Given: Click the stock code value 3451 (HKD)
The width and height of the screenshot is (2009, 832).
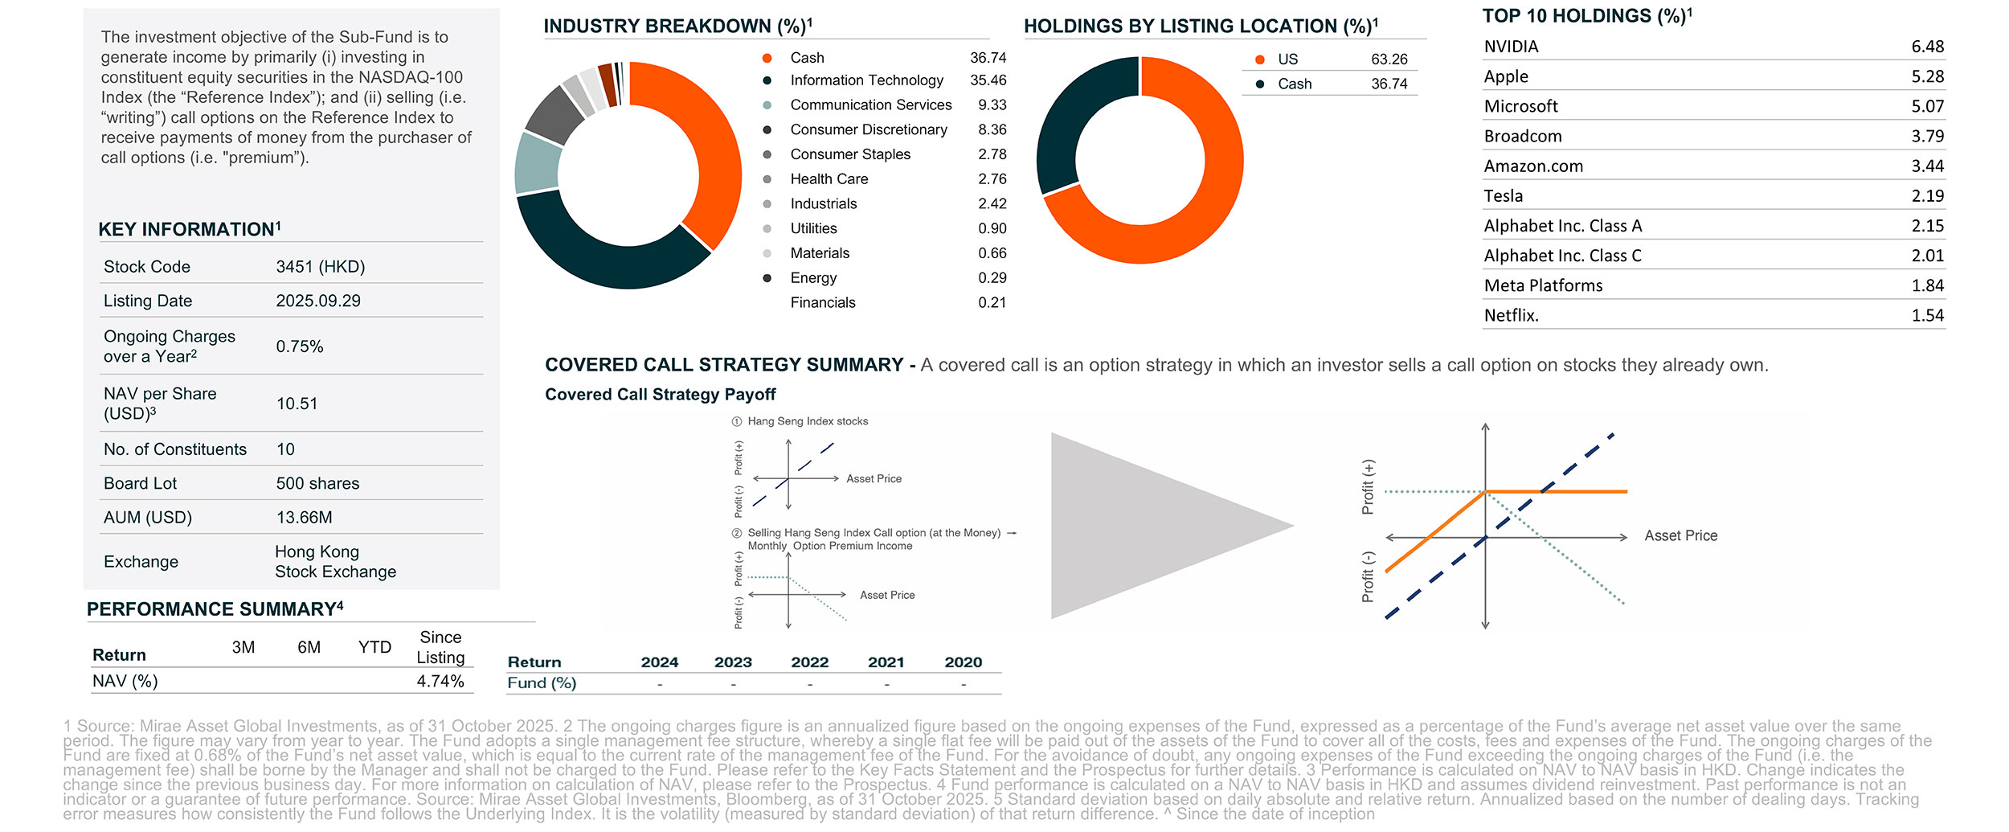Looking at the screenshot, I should click(320, 267).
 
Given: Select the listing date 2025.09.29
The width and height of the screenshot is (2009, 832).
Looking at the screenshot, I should click(318, 301).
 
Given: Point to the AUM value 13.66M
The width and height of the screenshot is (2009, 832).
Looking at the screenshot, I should click(304, 518).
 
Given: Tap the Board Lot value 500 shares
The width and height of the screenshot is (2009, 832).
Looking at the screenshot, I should click(317, 483).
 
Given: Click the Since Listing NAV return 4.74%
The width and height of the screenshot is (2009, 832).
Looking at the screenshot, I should click(440, 682).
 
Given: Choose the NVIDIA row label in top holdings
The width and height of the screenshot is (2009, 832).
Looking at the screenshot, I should click(1511, 47).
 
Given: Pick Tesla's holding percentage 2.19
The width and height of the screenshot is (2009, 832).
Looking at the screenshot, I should click(1927, 196).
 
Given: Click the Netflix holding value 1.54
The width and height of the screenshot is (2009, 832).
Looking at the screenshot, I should click(1927, 316).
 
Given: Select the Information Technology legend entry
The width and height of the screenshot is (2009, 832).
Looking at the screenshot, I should click(866, 80).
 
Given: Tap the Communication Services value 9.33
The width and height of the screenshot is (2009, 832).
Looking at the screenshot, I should click(992, 105).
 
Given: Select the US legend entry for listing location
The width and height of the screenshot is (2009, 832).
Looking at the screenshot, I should click(1287, 59).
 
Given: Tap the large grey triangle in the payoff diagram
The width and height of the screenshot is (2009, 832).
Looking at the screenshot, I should click(1141, 527).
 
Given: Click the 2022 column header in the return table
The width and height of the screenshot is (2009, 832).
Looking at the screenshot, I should click(809, 662).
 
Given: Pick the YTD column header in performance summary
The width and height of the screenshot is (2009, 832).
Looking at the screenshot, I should click(374, 648).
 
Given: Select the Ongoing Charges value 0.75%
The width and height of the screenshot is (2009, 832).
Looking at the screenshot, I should click(300, 346).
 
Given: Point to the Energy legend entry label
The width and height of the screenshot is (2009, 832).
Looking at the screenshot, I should click(813, 278).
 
